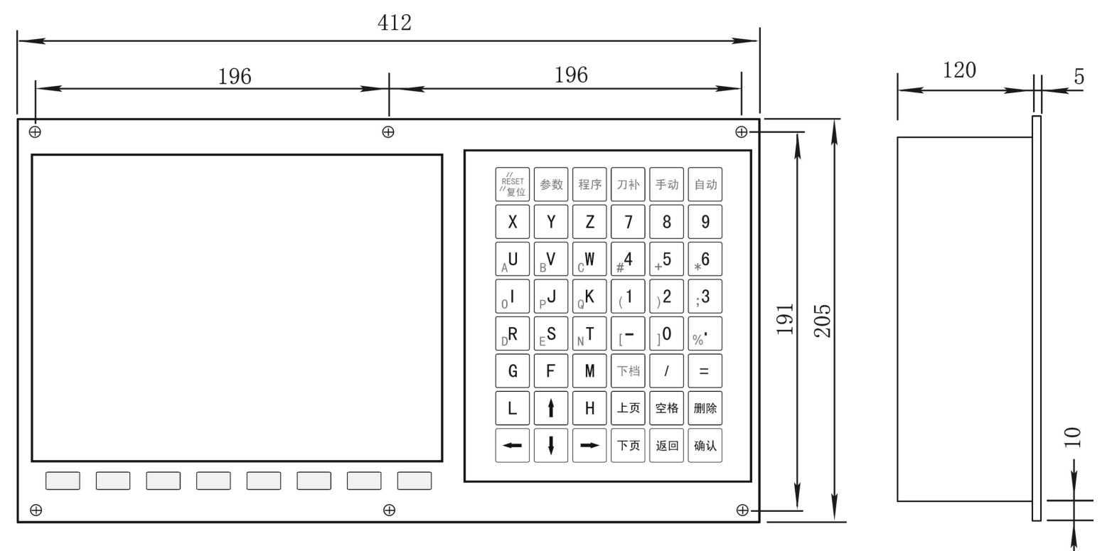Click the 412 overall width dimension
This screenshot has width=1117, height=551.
(395, 23)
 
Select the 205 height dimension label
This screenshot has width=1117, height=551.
(823, 321)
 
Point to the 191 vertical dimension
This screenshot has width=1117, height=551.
(785, 319)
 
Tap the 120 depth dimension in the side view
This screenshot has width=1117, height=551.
(959, 70)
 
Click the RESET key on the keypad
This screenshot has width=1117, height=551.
(512, 184)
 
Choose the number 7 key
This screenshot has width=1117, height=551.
(628, 221)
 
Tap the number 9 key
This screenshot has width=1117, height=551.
(705, 221)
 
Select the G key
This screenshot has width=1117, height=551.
(512, 370)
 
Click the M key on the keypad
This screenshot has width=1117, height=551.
(589, 370)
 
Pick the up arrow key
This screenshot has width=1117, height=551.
(550, 408)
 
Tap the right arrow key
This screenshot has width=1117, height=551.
(589, 445)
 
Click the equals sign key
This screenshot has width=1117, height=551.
(705, 370)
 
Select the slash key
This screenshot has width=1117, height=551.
(666, 370)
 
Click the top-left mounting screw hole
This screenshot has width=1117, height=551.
(35, 132)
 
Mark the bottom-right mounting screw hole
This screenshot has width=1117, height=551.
(742, 510)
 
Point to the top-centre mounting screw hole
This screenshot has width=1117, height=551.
(388, 132)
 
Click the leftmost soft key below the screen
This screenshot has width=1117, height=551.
(63, 481)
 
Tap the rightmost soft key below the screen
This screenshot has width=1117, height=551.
(415, 481)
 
